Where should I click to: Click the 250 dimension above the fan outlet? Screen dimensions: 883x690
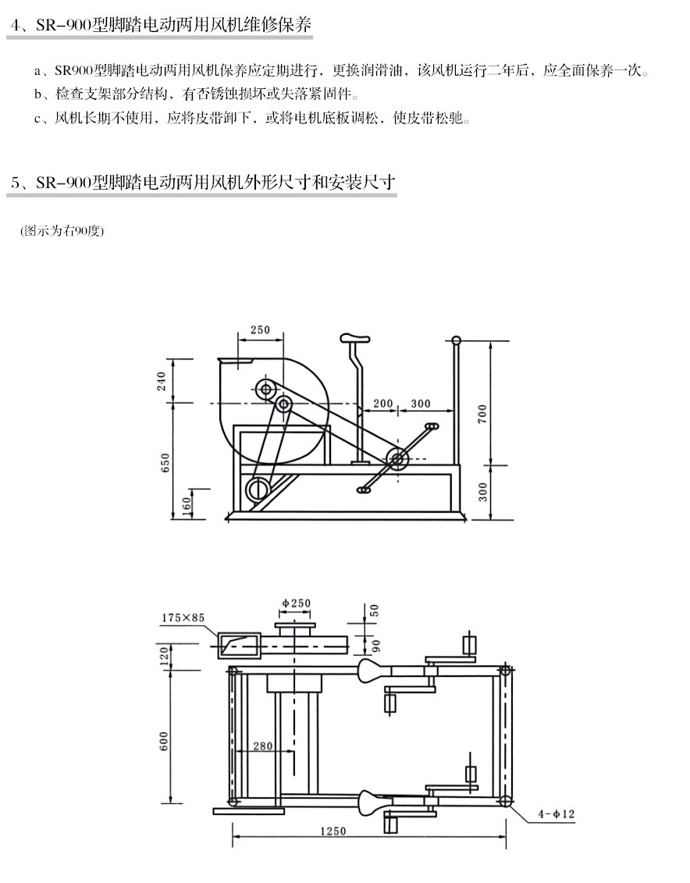pyautogui.click(x=260, y=330)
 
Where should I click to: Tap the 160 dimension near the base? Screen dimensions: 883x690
pyautogui.click(x=186, y=505)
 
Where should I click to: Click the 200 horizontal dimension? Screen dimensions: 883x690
pyautogui.click(x=382, y=404)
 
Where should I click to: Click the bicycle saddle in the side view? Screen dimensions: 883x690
pyautogui.click(x=354, y=338)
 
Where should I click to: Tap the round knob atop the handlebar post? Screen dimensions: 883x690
pyautogui.click(x=457, y=340)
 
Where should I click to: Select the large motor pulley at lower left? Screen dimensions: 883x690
pyautogui.click(x=257, y=490)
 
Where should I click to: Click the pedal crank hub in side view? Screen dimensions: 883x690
pyautogui.click(x=397, y=461)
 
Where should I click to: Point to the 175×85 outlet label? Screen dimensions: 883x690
pyautogui.click(x=183, y=618)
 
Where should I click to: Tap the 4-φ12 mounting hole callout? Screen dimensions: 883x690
pyautogui.click(x=556, y=814)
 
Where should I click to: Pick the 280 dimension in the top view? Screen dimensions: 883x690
pyautogui.click(x=263, y=746)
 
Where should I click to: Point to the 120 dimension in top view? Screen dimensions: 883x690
pyautogui.click(x=164, y=656)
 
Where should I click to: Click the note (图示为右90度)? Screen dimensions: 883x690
pyautogui.click(x=62, y=231)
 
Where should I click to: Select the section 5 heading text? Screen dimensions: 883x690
pyautogui.click(x=203, y=183)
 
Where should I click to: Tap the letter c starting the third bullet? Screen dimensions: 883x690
pyautogui.click(x=37, y=120)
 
